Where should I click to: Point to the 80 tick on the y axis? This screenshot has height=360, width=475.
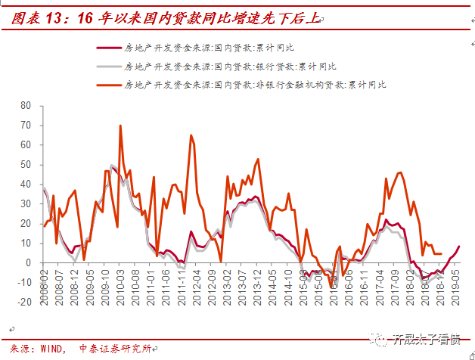click(x=26, y=105)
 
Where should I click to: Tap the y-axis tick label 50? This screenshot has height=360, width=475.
click(x=26, y=164)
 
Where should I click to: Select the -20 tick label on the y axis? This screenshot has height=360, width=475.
click(x=24, y=302)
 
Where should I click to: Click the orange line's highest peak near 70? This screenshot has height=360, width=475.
click(x=120, y=126)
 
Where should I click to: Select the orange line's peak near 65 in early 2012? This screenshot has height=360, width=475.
click(x=191, y=136)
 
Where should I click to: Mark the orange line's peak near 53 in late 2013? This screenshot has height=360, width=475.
click(x=258, y=160)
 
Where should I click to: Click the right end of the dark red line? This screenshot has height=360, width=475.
click(x=459, y=246)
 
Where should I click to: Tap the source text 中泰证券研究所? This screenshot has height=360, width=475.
click(x=114, y=348)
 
